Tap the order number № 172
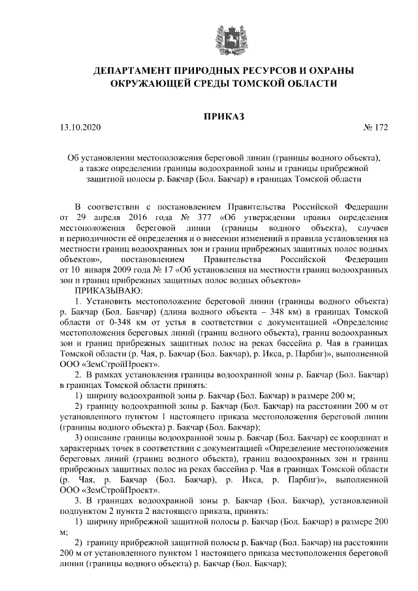[x=375, y=129]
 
